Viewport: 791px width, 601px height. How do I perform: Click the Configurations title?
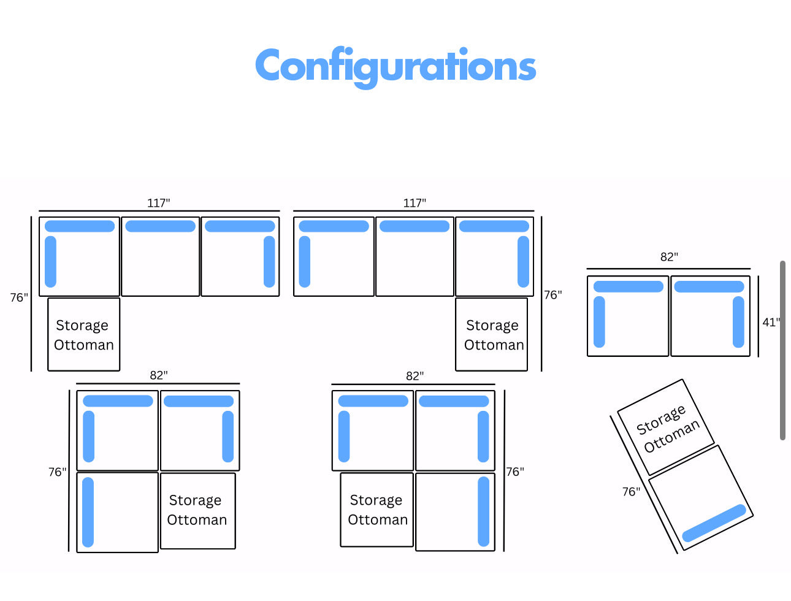click(395, 66)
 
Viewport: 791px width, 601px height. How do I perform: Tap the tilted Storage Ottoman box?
click(667, 427)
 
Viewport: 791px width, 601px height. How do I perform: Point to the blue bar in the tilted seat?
click(714, 523)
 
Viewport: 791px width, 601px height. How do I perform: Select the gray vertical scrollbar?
click(782, 350)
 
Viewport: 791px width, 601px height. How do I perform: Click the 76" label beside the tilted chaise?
click(631, 491)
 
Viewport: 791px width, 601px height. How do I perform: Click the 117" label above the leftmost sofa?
click(158, 203)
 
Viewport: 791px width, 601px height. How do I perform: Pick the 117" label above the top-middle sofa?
click(415, 203)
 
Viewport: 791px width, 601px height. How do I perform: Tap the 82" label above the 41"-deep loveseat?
click(669, 257)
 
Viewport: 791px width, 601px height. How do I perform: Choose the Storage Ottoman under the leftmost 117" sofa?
click(84, 334)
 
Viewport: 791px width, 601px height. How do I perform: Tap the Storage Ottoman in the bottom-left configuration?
click(197, 510)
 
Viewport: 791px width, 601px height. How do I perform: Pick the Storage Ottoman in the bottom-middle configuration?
click(377, 510)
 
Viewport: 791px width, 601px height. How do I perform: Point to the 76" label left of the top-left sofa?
click(19, 297)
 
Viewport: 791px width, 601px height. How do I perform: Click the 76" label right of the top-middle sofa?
click(553, 295)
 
